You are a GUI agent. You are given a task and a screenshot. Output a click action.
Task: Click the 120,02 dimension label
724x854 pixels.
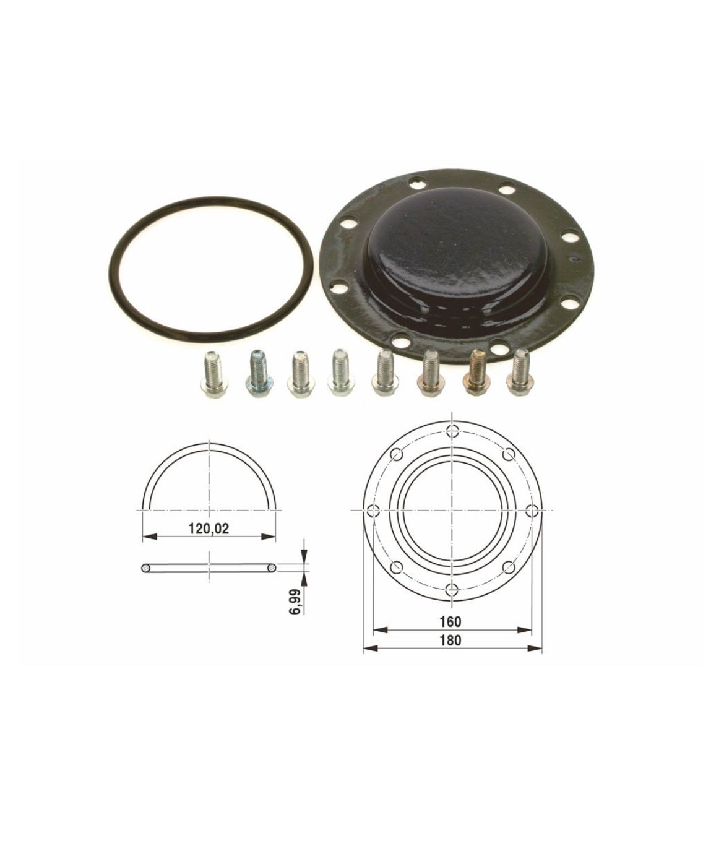click(209, 528)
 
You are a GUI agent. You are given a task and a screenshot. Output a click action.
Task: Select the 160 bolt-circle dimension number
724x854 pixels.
click(450, 633)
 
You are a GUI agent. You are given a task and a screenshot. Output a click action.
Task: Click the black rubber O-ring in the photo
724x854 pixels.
click(110, 264)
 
